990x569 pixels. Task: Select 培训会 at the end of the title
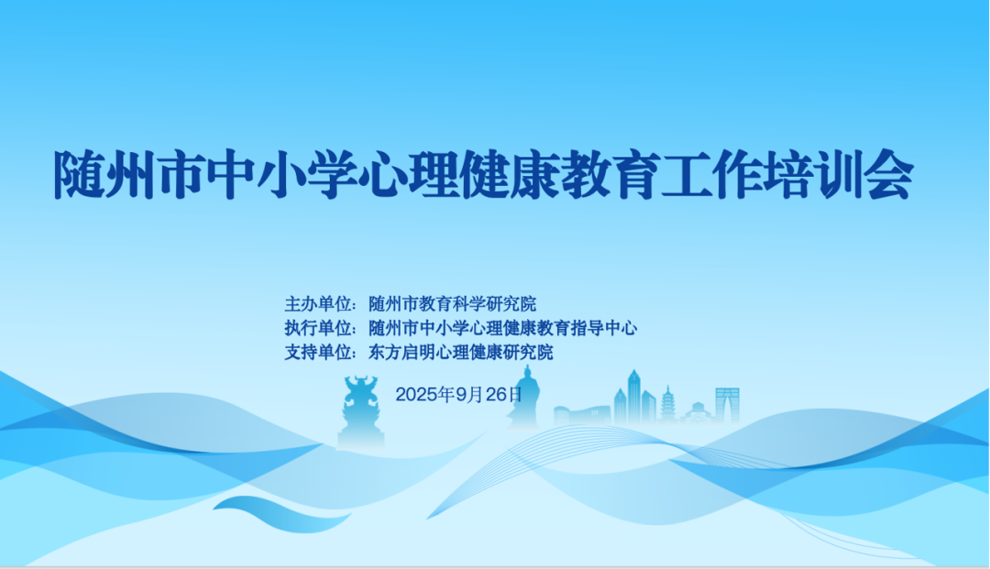[824, 174]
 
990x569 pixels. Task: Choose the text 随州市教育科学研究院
[452, 303]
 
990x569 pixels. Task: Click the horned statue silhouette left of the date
[360, 410]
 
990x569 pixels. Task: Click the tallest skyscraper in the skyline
[633, 395]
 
